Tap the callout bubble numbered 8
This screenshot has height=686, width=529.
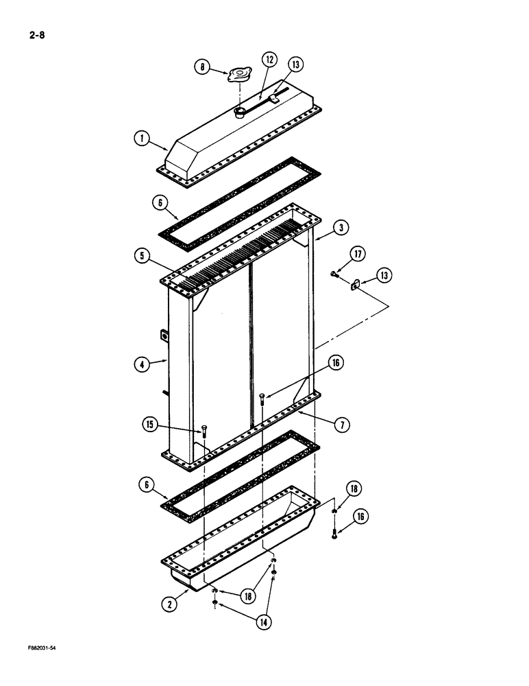click(204, 67)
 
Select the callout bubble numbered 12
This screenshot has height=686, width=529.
click(269, 60)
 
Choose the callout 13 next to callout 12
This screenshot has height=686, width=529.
click(295, 65)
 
